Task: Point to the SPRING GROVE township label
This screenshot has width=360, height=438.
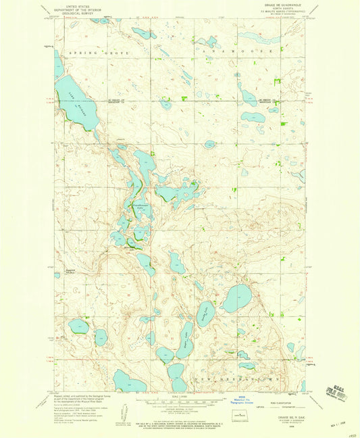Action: [91, 51]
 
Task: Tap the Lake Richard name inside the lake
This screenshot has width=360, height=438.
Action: [75, 101]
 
